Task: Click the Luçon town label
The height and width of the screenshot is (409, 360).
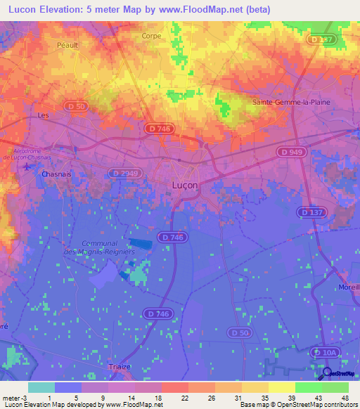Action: [185, 185]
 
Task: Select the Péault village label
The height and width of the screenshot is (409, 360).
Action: [67, 44]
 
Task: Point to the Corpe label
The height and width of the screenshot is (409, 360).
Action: [151, 36]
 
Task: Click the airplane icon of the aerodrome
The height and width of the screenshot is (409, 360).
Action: [27, 167]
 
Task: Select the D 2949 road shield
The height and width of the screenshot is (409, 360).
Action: [127, 173]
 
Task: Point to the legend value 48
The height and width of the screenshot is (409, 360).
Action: [345, 397]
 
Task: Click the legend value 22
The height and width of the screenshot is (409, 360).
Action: [184, 397]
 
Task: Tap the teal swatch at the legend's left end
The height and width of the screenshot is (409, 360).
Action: [41, 387]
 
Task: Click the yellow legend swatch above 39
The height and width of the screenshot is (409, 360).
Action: [281, 387]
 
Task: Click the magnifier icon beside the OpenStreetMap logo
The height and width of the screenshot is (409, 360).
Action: [326, 373]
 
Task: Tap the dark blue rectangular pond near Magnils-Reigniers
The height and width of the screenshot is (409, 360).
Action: [141, 243]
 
